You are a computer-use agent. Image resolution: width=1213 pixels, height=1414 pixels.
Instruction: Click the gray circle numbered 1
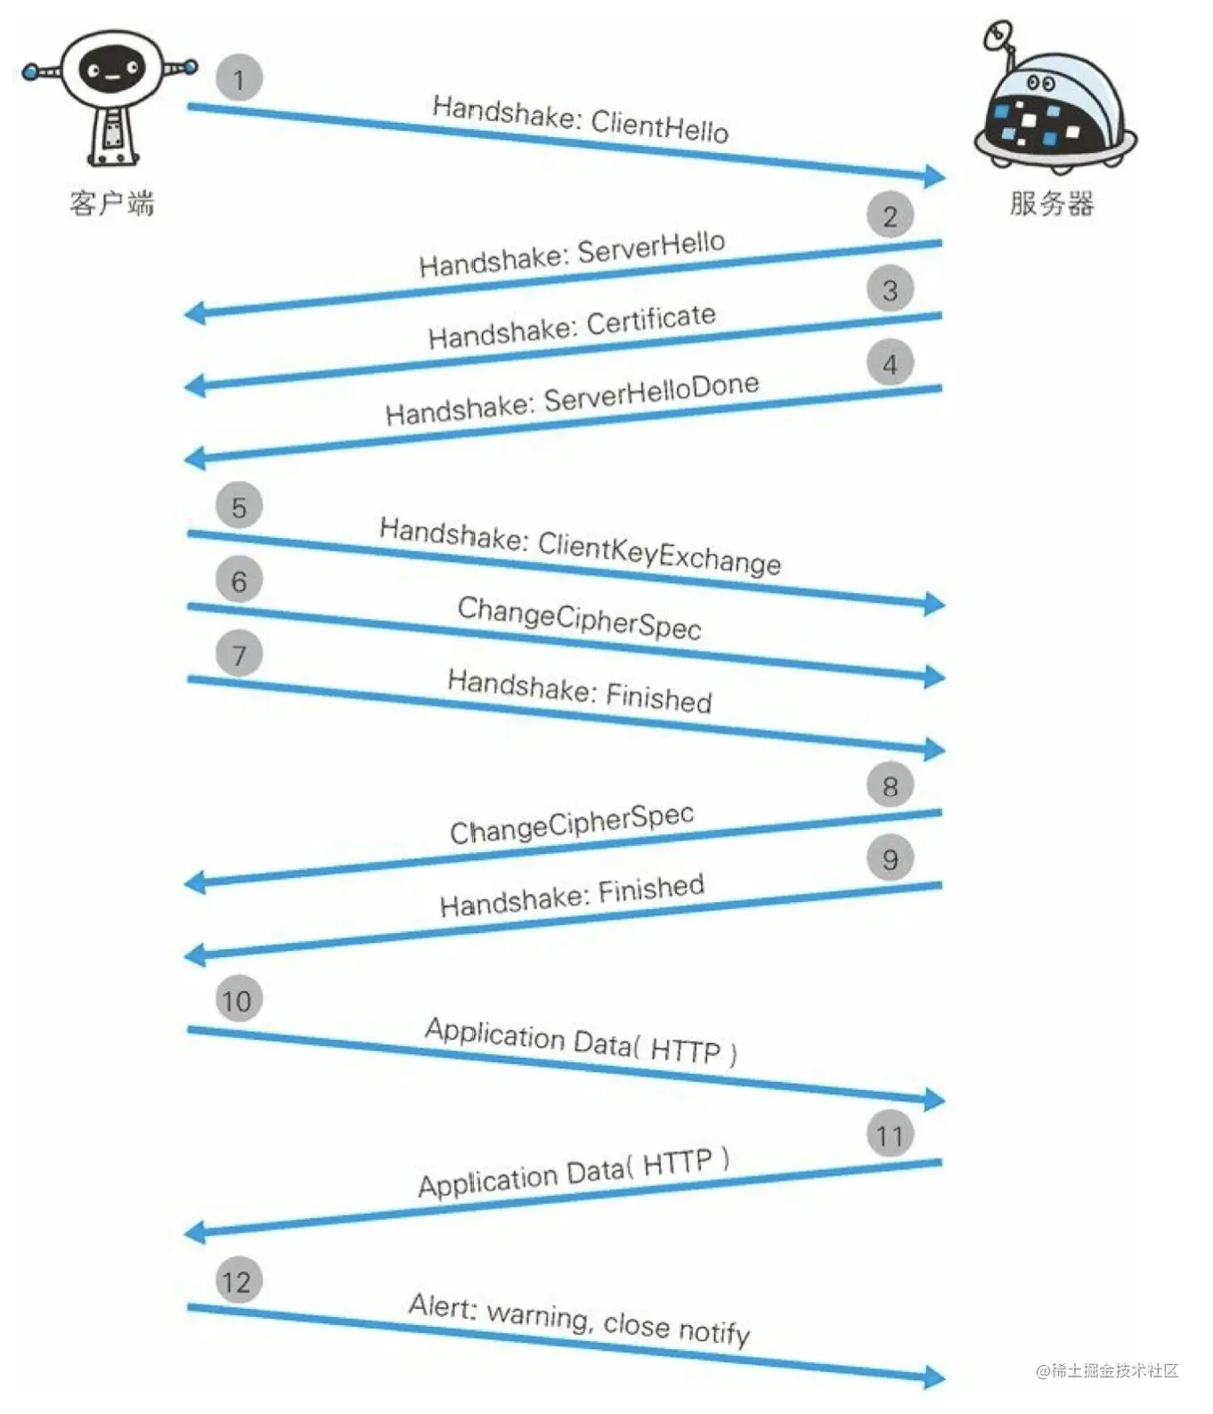coord(239,78)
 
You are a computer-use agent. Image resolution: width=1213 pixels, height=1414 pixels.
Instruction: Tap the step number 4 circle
coord(890,363)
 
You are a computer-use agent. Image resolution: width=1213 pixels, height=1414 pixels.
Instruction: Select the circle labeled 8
coord(890,785)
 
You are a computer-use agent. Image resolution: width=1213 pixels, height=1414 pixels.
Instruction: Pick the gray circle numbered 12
coord(238,1281)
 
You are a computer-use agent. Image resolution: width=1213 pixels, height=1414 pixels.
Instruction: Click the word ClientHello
coord(659,126)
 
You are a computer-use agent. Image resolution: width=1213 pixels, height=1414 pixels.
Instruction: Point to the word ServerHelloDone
coord(651,394)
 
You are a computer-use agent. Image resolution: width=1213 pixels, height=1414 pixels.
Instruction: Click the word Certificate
coord(651,321)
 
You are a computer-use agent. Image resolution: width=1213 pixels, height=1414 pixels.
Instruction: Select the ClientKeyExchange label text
coord(659,553)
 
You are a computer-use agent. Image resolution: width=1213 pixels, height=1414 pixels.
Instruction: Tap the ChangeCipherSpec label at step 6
coord(579,617)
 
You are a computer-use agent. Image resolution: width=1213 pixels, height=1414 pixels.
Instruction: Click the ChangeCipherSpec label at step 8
coord(572,825)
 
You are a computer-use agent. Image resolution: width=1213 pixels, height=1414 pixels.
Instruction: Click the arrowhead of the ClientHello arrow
coord(935,175)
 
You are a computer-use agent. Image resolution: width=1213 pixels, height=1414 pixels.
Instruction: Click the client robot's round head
coord(110,69)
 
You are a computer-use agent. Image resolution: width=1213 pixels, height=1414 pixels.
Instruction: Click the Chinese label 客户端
coord(111,204)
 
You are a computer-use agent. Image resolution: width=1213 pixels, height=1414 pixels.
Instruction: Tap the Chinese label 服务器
coord(1051,204)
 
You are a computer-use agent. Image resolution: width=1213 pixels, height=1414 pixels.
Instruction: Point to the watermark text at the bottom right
coord(1107,1370)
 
